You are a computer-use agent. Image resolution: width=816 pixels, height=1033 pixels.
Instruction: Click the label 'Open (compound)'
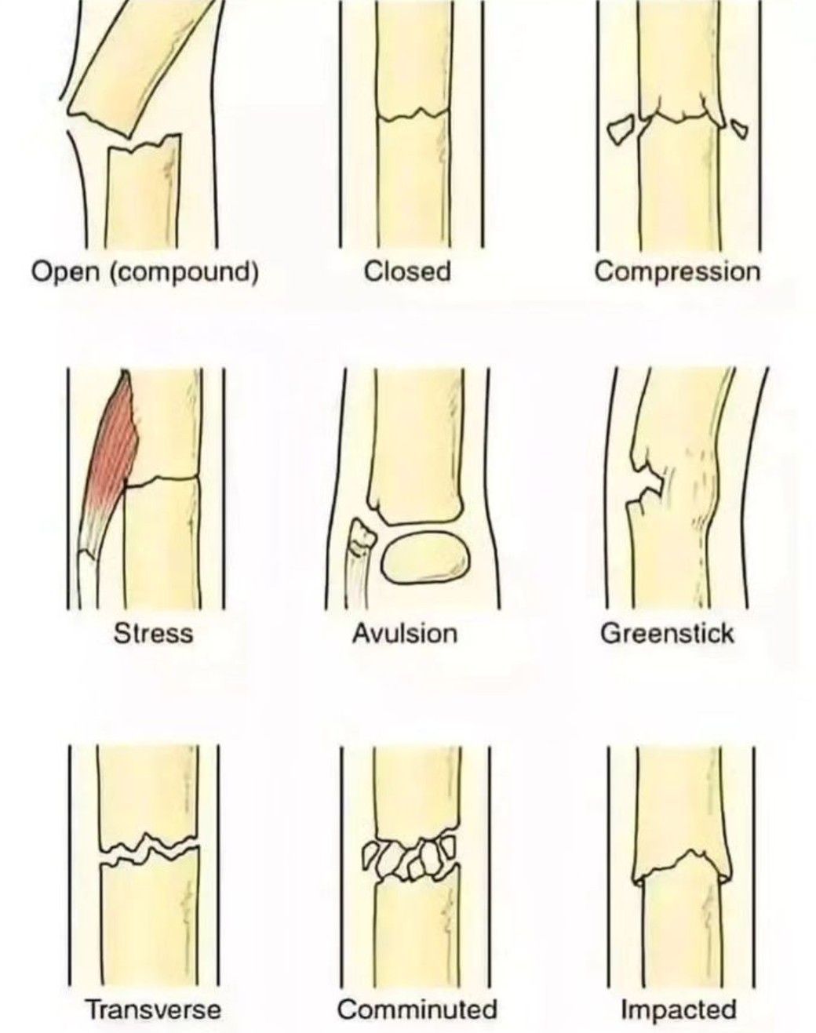[144, 272]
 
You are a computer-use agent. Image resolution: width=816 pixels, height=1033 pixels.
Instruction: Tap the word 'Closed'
[408, 272]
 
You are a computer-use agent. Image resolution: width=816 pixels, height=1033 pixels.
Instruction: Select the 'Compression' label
[677, 272]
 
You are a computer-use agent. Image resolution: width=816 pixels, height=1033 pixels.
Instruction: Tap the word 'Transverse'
[153, 1009]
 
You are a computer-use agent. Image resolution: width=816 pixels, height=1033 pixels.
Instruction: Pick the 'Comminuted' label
[417, 1009]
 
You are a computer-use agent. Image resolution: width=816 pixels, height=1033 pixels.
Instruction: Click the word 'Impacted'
[679, 1009]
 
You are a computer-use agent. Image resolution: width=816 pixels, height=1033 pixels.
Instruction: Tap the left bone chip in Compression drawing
[622, 130]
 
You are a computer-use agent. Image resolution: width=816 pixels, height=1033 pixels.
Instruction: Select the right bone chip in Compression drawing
[740, 128]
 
